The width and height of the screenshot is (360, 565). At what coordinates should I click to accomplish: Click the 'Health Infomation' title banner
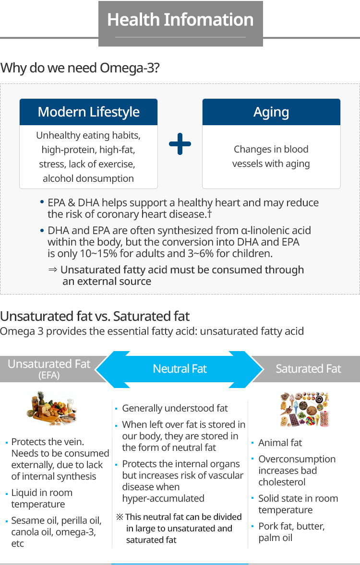180,24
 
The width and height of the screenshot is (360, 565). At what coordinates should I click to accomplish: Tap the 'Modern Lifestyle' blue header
88,112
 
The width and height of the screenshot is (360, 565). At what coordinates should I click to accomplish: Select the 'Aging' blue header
271,112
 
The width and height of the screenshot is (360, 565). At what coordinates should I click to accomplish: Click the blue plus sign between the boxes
180,144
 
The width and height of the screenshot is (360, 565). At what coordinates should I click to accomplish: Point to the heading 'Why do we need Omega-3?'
80,68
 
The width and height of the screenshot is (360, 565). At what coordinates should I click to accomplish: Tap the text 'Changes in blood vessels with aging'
271,156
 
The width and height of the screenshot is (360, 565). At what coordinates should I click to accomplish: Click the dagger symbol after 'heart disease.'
210,214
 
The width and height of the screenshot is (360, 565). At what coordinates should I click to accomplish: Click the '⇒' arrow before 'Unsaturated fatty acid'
53,270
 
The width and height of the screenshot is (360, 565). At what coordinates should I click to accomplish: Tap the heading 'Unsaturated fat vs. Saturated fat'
95,317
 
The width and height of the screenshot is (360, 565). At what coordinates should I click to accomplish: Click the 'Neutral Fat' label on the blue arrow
180,369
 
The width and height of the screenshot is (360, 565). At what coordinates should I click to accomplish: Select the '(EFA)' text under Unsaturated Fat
49,376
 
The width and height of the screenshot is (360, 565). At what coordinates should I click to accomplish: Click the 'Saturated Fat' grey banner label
309,369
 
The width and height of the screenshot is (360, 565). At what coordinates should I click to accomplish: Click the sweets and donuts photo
305,409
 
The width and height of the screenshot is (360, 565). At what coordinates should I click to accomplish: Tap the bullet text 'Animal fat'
280,443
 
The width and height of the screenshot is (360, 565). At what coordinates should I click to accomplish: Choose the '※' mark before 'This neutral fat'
120,517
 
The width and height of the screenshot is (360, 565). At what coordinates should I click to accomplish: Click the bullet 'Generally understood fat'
175,408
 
